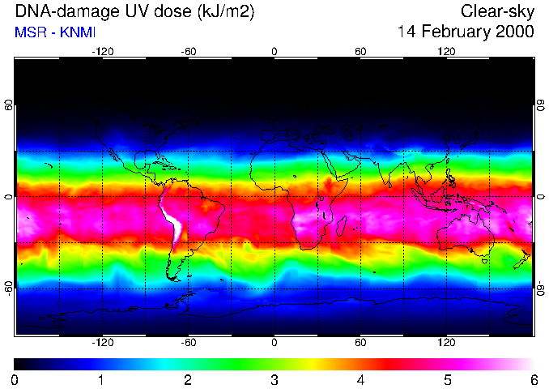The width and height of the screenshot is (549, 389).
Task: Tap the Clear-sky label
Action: (497, 12)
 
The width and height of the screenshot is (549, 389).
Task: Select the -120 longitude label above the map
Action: (102, 51)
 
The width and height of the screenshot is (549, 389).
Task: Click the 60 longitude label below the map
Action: (360, 343)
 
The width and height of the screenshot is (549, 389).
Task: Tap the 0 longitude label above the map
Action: (274, 51)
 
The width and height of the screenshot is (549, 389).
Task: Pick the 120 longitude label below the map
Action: (446, 343)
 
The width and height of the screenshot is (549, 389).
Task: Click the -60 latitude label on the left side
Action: (9, 288)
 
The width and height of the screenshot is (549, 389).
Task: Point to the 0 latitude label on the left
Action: (9, 197)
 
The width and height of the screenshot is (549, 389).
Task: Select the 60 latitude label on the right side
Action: (540, 106)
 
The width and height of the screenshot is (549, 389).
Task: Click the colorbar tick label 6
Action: (533, 379)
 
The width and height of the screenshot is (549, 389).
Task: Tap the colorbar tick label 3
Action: (274, 379)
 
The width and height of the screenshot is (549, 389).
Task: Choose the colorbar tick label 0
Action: (15, 379)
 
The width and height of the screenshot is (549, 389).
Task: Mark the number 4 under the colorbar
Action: (360, 379)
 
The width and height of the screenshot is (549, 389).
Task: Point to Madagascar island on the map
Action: (342, 226)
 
